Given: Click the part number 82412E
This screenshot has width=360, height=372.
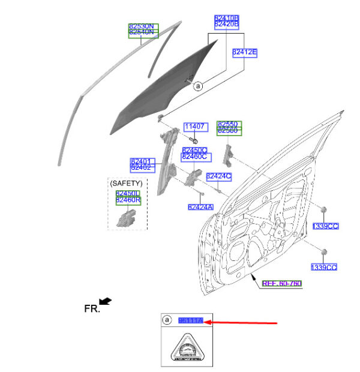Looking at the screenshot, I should [x=244, y=53].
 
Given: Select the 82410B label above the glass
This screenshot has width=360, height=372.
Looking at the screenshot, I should [x=227, y=19].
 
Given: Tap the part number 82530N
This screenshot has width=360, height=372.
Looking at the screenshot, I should [x=143, y=26].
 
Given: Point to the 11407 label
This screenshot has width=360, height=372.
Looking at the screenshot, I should [x=195, y=127].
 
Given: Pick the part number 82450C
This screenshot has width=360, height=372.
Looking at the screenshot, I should [x=194, y=150].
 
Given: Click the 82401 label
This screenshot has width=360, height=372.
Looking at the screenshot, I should [x=143, y=161].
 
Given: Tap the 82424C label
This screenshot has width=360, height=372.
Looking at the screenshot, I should [x=218, y=176].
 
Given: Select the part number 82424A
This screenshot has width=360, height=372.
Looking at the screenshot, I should [x=200, y=207].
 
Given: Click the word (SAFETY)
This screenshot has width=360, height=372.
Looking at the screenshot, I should [x=127, y=182].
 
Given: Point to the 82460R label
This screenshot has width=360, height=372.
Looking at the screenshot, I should [x=128, y=200].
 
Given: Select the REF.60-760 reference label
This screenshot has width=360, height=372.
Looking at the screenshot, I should [x=283, y=283].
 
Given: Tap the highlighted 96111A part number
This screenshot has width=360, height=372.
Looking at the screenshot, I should [x=191, y=322].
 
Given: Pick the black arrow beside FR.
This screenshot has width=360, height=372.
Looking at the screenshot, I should [x=106, y=301].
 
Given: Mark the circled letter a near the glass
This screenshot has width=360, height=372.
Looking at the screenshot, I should [x=198, y=86].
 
